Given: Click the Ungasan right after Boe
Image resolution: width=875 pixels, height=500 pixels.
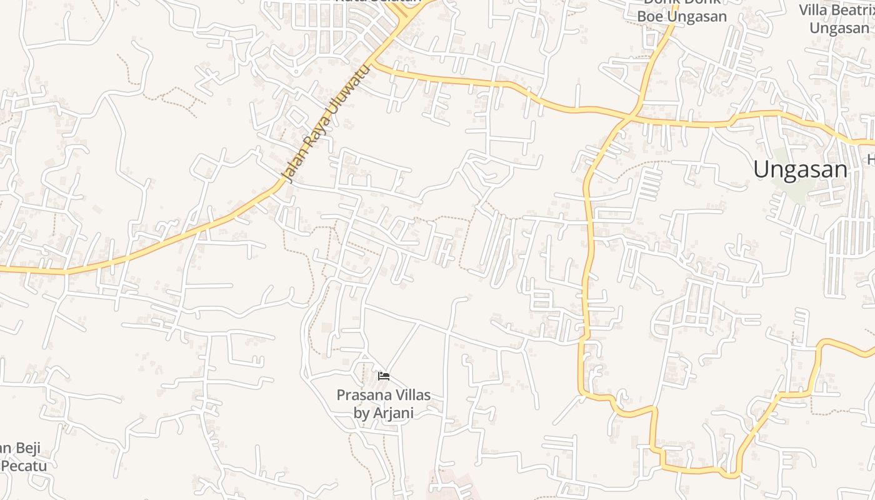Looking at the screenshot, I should [x=698, y=16].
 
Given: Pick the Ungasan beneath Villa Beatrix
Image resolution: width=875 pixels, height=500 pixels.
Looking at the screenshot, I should [x=839, y=28].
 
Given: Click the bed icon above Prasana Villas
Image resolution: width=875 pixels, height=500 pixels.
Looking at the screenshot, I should [x=384, y=376].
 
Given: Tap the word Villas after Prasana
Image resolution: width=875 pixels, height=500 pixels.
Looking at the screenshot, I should [x=413, y=395].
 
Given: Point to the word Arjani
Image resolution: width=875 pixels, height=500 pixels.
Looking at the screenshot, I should [x=393, y=412].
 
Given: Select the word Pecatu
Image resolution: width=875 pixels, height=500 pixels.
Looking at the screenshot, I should [x=24, y=466].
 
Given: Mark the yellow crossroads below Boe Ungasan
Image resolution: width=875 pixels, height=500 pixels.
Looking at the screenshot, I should [x=632, y=116].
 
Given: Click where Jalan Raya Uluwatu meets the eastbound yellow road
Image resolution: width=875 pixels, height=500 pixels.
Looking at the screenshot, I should [x=375, y=63].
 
